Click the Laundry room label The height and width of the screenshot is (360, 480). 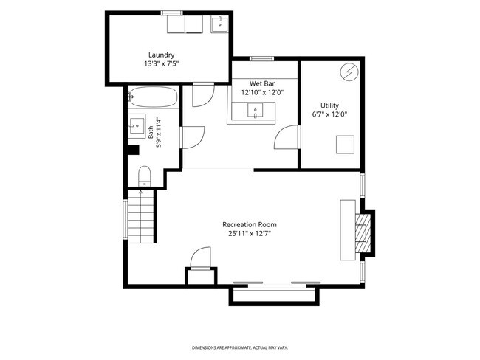(x=161, y=55)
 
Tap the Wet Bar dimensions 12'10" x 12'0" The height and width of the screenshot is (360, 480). (x=262, y=92)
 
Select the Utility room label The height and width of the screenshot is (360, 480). (x=329, y=105)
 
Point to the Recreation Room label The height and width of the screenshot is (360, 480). (x=250, y=224)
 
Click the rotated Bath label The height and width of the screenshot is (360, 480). (x=151, y=133)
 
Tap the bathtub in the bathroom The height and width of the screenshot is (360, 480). (x=153, y=97)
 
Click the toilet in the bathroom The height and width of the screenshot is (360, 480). (x=145, y=176)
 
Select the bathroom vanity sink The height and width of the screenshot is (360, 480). (x=137, y=126)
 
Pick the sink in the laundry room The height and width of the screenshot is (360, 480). (x=219, y=24)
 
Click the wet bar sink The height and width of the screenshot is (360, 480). (x=255, y=110)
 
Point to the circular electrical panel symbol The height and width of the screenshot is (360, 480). (x=349, y=72)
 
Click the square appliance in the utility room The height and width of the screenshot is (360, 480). (x=345, y=145)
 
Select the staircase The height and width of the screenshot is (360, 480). (x=140, y=217)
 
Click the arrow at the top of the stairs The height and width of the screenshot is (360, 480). (x=140, y=193)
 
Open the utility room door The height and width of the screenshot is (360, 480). (x=287, y=137)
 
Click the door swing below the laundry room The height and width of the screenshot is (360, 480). (x=203, y=95)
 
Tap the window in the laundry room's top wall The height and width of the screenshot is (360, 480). (x=172, y=13)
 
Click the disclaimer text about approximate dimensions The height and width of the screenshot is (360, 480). (x=240, y=347)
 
